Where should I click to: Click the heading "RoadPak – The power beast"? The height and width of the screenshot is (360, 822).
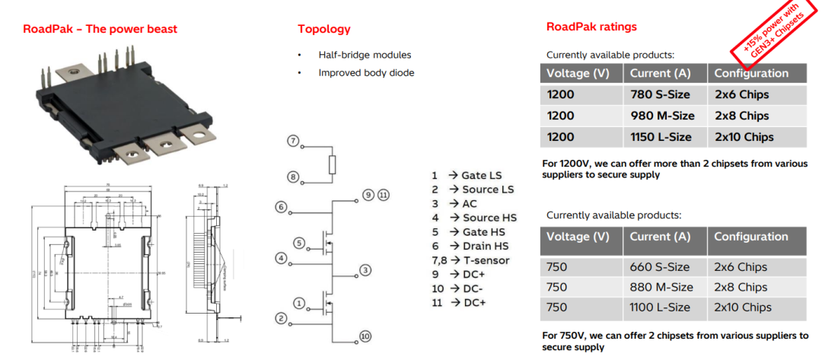(x=100, y=29)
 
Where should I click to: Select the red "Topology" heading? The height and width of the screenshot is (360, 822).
(x=324, y=29)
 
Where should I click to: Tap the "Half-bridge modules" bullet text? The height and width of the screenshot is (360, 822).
(x=365, y=55)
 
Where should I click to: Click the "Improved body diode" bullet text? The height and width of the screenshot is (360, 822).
(x=366, y=73)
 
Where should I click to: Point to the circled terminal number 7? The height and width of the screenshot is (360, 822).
(x=293, y=142)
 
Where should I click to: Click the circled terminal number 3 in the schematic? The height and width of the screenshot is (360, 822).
(x=366, y=270)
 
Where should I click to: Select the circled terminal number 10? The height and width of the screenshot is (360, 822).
(x=365, y=336)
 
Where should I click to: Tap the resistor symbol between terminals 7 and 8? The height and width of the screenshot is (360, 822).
(x=332, y=164)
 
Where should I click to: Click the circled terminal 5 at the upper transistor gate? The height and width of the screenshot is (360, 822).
(x=299, y=244)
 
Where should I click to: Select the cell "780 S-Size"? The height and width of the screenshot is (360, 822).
(x=661, y=94)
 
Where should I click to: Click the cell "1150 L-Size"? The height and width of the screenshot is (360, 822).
(x=664, y=137)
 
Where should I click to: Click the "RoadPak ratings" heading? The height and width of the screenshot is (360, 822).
(x=591, y=27)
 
